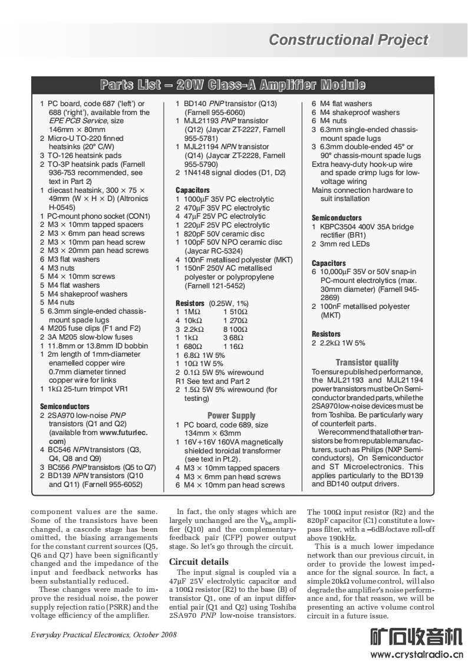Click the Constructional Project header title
point(348,40)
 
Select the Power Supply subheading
point(231,416)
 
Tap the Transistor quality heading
point(367,363)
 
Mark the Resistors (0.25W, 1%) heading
point(212,303)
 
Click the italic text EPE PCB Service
point(77,120)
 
